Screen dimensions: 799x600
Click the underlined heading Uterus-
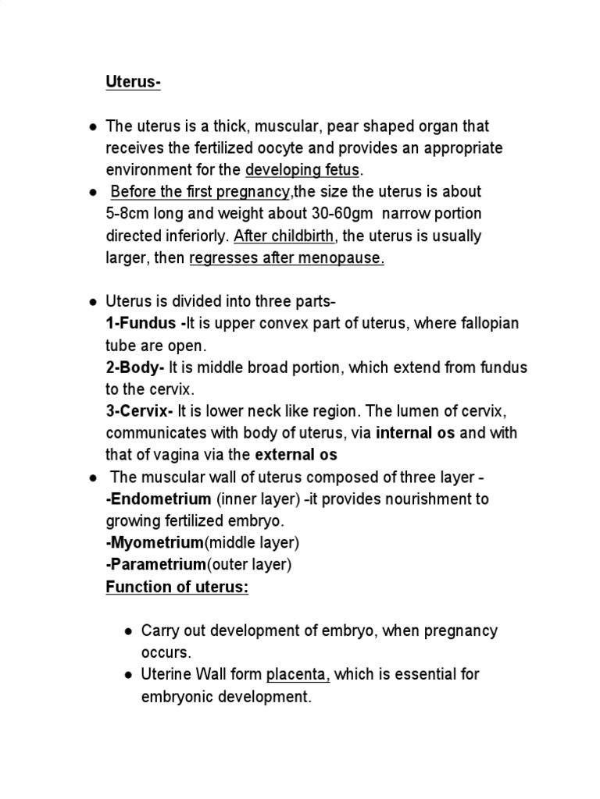tap(133, 83)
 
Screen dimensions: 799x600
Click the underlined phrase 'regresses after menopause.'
tap(287, 258)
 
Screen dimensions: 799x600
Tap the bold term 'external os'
tap(298, 455)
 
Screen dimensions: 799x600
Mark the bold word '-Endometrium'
tap(159, 499)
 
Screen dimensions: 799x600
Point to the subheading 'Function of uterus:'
tap(177, 587)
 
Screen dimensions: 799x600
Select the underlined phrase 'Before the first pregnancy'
tap(199, 192)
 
